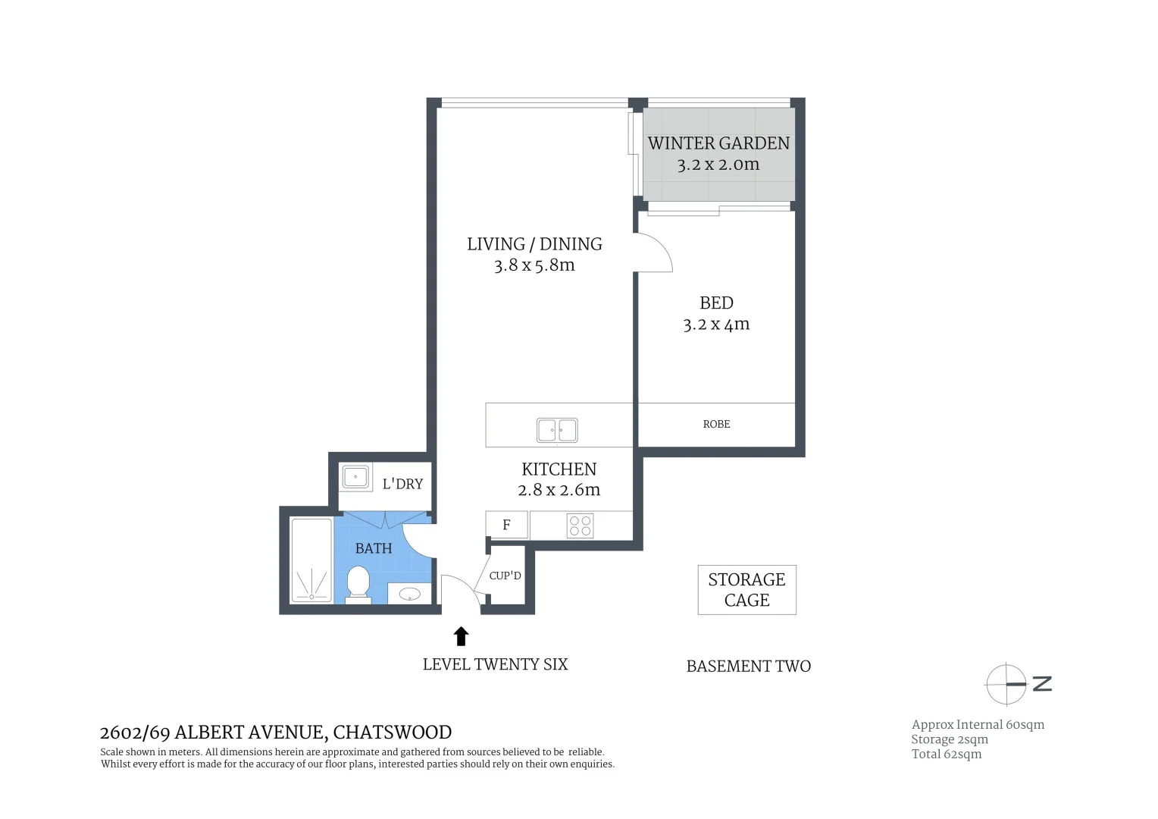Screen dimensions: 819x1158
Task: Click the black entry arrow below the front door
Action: (x=461, y=636)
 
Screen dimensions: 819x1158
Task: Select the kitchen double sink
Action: (x=557, y=430)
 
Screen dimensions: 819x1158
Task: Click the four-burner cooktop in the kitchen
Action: (x=580, y=526)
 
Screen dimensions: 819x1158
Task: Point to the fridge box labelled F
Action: (x=507, y=525)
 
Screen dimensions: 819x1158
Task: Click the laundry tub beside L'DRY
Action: (x=355, y=477)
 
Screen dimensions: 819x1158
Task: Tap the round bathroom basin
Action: (x=410, y=594)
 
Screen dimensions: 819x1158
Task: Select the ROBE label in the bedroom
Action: (x=716, y=425)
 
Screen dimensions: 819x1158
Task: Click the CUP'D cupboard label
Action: (x=505, y=576)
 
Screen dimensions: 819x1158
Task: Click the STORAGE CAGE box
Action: (x=746, y=590)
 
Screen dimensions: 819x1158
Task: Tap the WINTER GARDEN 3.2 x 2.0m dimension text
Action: (x=718, y=165)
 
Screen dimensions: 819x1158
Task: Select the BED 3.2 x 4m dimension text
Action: (x=716, y=325)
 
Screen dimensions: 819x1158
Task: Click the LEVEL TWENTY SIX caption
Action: (x=495, y=664)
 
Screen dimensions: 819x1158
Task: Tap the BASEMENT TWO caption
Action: (x=748, y=667)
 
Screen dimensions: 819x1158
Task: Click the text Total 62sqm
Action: (x=946, y=754)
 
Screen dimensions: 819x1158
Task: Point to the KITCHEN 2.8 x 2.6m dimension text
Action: (x=559, y=490)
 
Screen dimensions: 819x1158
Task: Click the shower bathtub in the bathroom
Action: (x=311, y=560)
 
